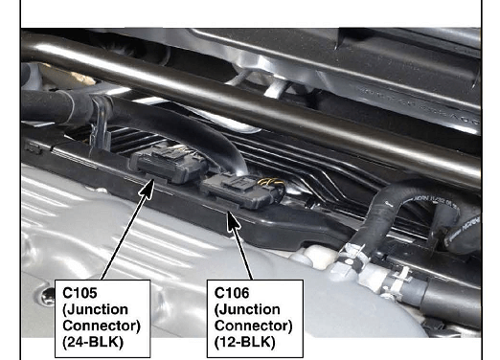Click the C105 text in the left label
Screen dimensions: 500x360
80,293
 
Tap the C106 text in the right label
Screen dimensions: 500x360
232,293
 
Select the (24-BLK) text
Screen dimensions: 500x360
93,343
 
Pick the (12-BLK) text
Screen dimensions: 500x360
244,343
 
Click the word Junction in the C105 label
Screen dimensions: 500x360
96,309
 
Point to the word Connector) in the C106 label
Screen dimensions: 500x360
254,326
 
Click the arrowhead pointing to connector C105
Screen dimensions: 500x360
148,189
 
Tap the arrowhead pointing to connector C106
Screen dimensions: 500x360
233,221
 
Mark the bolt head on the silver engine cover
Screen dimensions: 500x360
48,297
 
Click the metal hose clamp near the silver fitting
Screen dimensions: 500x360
352,256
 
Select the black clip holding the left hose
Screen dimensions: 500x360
102,123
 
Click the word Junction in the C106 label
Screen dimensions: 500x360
247,309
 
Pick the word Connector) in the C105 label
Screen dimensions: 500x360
102,326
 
